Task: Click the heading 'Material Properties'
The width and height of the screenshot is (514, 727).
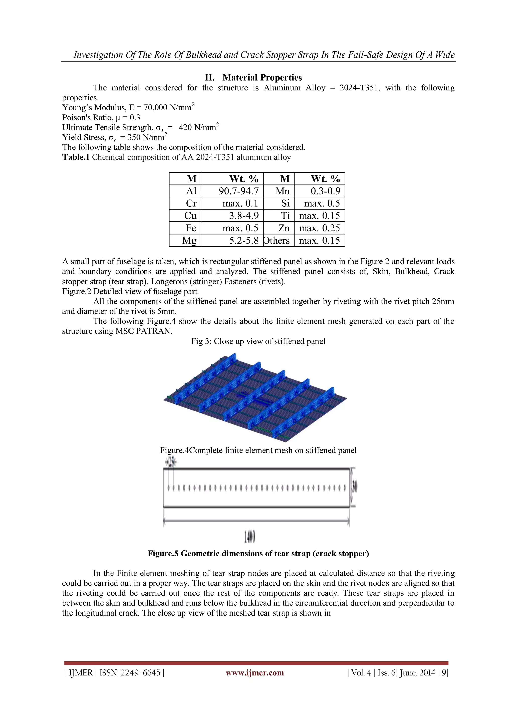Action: coord(262,78)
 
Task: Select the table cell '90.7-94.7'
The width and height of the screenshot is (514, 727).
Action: coord(239,191)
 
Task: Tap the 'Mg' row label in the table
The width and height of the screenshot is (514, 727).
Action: coord(189,240)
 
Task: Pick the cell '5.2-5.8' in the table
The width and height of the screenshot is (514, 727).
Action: coord(244,240)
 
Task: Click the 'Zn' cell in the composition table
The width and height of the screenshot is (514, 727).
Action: coord(284,228)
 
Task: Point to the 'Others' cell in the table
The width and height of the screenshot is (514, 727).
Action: coord(277,240)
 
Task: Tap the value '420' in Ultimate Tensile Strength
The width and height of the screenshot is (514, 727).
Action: coord(185,128)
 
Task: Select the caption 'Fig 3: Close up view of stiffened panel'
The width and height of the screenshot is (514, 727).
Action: coord(258,341)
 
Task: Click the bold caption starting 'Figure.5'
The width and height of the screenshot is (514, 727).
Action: coord(258,553)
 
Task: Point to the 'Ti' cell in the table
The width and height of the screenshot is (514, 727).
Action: coord(285,216)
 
